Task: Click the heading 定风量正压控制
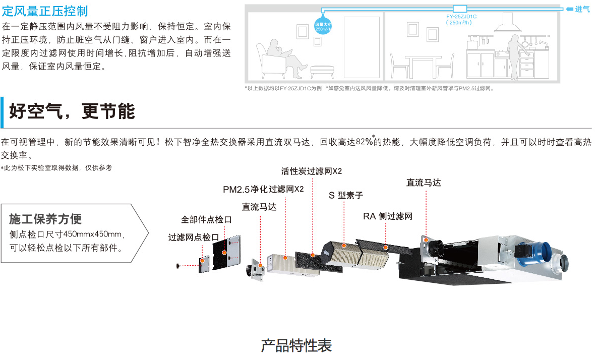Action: click(45, 11)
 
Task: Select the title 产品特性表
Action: click(296, 346)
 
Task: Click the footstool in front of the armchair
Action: click(322, 71)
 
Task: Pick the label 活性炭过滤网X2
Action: click(312, 171)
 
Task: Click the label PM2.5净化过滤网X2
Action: click(263, 189)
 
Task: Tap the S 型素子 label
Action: click(345, 195)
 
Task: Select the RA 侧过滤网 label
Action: click(388, 216)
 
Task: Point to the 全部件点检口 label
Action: click(206, 219)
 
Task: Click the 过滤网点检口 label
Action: click(194, 237)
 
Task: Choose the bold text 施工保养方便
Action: click(45, 219)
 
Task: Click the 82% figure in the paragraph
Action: click(364, 142)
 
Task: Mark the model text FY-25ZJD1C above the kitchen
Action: click(461, 17)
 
